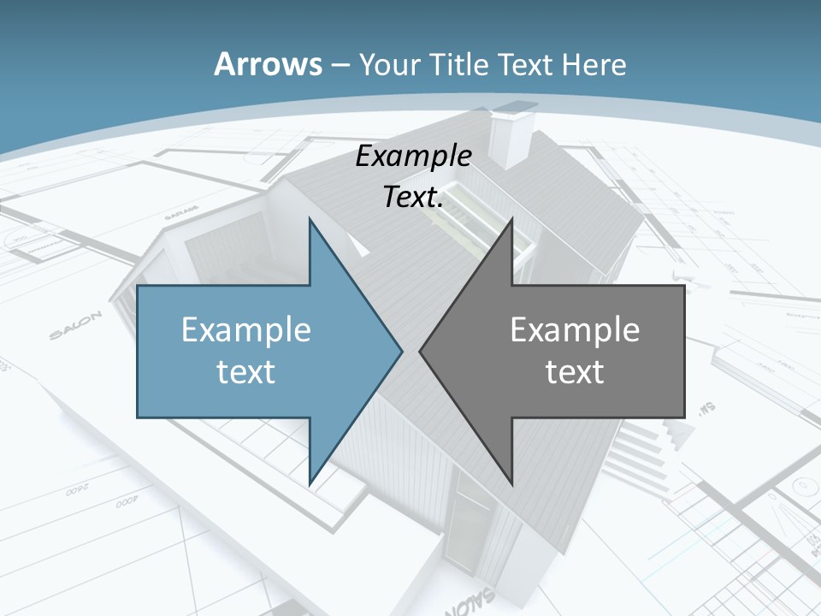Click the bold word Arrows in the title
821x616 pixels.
click(269, 64)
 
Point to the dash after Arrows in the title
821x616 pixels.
click(340, 65)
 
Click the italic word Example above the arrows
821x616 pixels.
click(413, 157)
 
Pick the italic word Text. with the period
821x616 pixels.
click(413, 198)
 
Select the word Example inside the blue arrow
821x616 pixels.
click(246, 329)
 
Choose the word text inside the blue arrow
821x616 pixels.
click(246, 371)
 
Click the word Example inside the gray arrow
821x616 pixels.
click(575, 329)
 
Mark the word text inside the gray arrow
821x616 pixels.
click(575, 371)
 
